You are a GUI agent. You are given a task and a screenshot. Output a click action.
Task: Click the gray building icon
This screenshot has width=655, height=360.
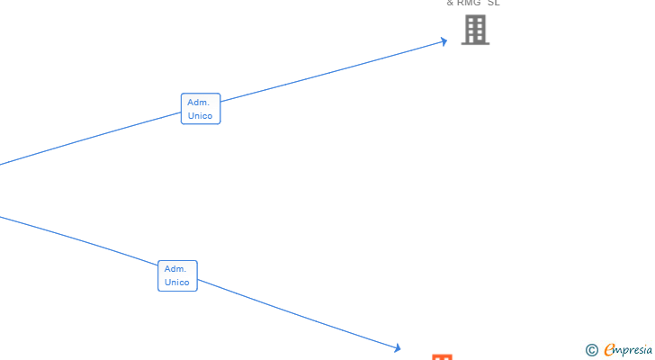475,30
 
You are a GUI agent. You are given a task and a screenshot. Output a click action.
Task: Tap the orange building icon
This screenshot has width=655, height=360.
441,357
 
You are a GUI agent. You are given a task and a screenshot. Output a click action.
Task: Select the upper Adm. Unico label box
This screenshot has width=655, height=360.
200,109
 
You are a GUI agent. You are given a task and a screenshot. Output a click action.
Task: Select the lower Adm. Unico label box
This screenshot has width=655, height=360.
177,275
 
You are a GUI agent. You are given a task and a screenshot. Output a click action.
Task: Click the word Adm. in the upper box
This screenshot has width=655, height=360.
199,103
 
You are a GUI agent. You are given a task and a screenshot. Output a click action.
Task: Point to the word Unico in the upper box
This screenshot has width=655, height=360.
200,116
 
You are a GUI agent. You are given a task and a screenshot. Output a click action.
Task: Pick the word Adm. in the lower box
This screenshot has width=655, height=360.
175,269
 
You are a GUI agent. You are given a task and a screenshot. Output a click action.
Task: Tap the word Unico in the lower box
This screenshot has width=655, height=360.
177,283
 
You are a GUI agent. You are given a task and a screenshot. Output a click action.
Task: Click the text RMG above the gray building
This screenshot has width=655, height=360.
469,3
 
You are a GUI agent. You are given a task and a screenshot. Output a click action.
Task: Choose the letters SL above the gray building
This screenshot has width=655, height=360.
494,3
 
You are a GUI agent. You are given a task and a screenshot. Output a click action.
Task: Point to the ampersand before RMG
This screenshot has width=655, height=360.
450,3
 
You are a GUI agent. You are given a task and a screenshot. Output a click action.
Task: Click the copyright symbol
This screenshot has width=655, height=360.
591,350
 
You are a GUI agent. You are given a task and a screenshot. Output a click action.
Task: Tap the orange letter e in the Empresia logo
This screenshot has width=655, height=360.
609,350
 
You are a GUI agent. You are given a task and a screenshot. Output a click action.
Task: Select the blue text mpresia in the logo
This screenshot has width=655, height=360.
634,350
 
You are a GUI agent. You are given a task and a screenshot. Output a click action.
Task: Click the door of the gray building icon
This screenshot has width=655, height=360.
475,40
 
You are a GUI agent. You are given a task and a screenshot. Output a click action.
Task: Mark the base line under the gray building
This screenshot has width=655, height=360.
475,43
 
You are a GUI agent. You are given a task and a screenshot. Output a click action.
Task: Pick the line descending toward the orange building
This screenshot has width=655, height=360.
297,314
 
